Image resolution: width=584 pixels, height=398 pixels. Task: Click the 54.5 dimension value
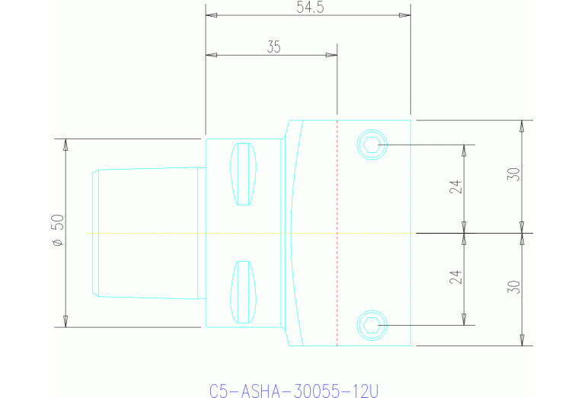click(308, 7)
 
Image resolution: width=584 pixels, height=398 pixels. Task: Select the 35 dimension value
click(273, 46)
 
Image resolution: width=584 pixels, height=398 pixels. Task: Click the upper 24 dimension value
click(455, 187)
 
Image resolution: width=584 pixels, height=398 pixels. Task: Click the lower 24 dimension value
click(455, 278)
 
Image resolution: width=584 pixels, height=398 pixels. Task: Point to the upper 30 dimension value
click(514, 174)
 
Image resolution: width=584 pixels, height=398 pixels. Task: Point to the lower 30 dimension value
click(514, 287)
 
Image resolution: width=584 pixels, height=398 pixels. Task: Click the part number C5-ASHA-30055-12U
click(294, 391)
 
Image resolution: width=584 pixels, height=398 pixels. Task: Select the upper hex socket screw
click(372, 144)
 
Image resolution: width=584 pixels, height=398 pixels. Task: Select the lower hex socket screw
click(372, 325)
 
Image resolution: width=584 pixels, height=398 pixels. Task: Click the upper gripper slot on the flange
click(243, 174)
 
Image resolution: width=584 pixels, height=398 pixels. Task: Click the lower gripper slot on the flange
click(243, 291)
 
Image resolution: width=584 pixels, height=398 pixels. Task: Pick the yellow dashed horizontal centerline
click(190, 233)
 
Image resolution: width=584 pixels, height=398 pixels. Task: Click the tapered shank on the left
click(145, 232)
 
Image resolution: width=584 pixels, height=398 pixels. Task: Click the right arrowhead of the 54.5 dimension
click(406, 15)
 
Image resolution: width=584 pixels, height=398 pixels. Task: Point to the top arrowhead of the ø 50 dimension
click(65, 144)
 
